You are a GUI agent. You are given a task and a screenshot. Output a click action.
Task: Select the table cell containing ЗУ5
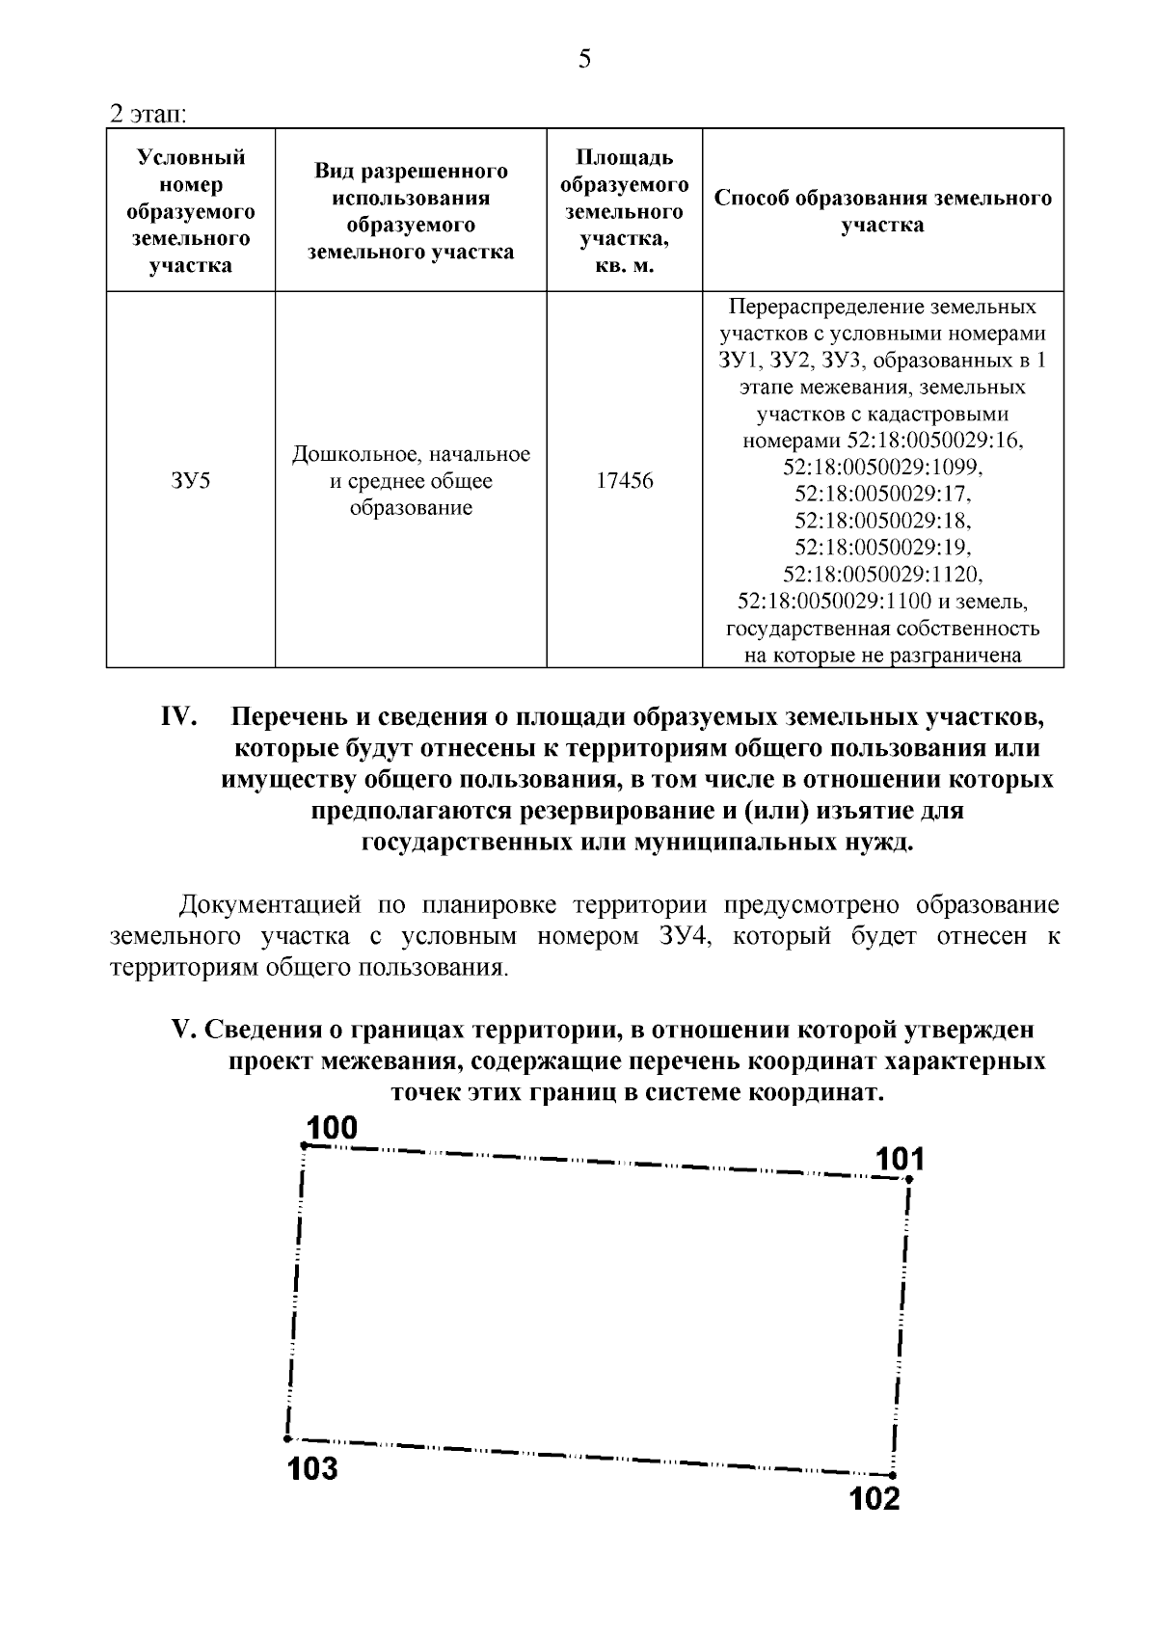click(190, 480)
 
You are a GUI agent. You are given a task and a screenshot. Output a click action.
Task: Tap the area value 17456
click(624, 480)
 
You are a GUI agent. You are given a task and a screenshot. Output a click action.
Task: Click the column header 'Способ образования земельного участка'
click(882, 211)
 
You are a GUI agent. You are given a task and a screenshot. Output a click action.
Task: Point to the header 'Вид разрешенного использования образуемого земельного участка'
click(411, 211)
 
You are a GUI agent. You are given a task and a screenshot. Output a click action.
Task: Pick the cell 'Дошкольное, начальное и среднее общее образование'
click(411, 480)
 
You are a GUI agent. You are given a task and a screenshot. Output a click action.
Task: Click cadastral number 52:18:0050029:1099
click(882, 468)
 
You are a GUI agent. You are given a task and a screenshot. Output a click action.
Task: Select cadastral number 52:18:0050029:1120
click(882, 576)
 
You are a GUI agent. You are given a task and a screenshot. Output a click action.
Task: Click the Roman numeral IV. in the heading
click(178, 718)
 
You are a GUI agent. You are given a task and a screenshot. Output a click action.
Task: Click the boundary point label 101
click(900, 1159)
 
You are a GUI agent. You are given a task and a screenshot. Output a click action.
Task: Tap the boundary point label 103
click(312, 1468)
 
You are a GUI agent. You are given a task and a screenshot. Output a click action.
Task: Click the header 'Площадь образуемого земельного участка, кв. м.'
click(624, 211)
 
